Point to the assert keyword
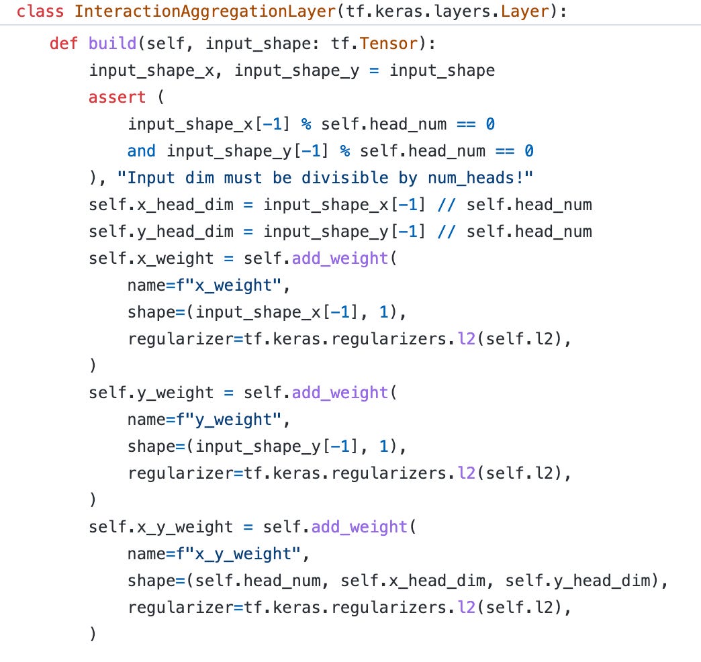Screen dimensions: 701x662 [x=117, y=97]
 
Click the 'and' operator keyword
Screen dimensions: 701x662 [x=141, y=151]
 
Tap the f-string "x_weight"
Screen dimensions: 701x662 [x=224, y=285]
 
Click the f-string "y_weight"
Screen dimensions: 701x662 [x=224, y=420]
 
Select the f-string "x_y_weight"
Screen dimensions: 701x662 [x=234, y=554]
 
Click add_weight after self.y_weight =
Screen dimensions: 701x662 [x=340, y=393]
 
